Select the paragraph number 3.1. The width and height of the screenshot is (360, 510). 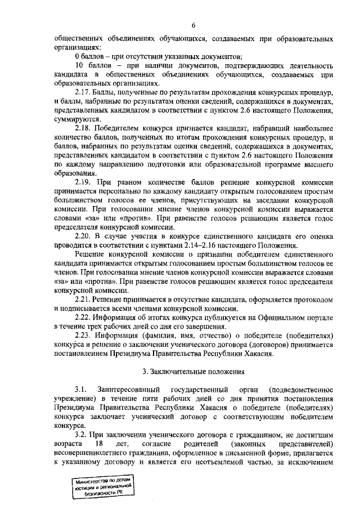[80, 389]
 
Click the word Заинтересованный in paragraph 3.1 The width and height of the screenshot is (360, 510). [127, 389]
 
